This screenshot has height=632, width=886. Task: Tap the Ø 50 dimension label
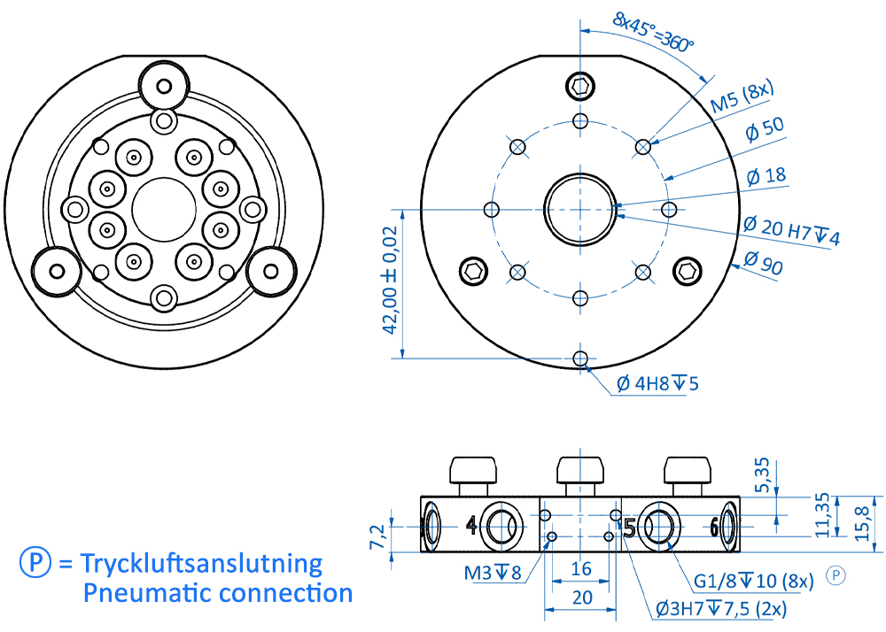pos(765,132)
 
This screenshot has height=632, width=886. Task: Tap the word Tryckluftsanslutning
pos(201,563)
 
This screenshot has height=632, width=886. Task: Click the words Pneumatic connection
pos(218,593)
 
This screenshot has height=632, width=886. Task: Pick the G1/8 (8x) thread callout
pos(752,581)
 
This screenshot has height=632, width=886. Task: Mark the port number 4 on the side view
pos(471,526)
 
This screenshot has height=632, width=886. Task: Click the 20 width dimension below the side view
pos(580,597)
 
